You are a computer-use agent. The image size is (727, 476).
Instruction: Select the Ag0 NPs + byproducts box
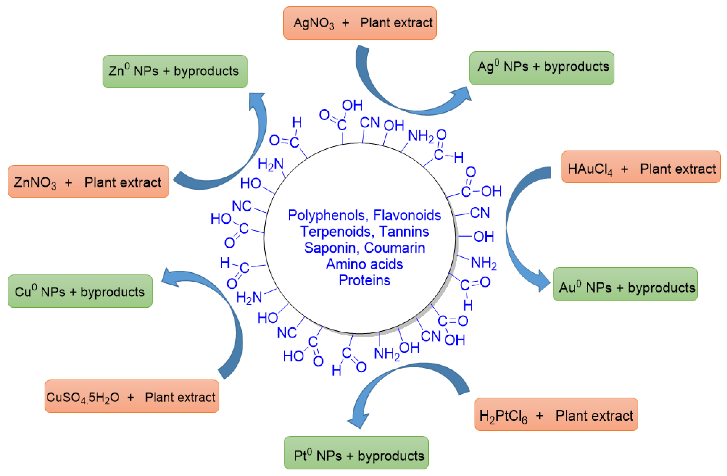(x=542, y=68)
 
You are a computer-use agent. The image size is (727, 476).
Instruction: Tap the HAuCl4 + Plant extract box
(x=641, y=167)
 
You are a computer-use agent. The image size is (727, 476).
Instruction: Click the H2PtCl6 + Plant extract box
(x=556, y=414)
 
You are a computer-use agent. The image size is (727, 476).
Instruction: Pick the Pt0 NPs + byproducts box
(x=356, y=453)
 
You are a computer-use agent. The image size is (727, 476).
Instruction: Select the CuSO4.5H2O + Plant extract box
(x=132, y=396)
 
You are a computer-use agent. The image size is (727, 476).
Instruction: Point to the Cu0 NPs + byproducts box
(x=80, y=291)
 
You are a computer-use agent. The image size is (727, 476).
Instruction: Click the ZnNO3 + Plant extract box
(x=88, y=182)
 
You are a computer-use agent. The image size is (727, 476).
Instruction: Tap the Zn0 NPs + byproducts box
(x=175, y=71)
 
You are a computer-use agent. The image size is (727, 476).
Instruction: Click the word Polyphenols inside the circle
(x=326, y=215)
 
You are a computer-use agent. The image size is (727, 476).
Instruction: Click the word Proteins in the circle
(x=364, y=280)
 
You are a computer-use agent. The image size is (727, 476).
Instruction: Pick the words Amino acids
(x=364, y=264)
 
